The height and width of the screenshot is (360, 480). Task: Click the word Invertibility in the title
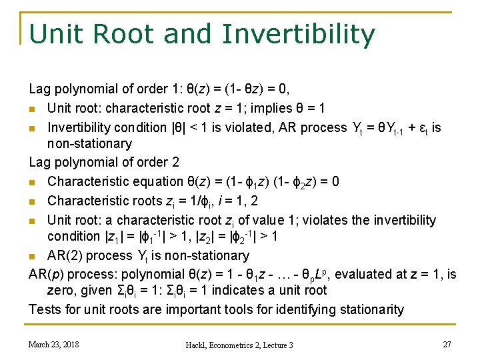pyautogui.click(x=299, y=35)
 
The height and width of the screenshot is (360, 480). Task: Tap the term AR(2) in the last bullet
pyautogui.click(x=65, y=255)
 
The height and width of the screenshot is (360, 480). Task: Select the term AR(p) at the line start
pyautogui.click(x=45, y=274)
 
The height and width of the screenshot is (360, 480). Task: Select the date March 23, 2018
pyautogui.click(x=53, y=344)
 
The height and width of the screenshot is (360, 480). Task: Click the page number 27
pyautogui.click(x=447, y=344)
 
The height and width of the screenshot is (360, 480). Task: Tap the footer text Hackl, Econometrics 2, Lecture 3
pyautogui.click(x=240, y=345)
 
